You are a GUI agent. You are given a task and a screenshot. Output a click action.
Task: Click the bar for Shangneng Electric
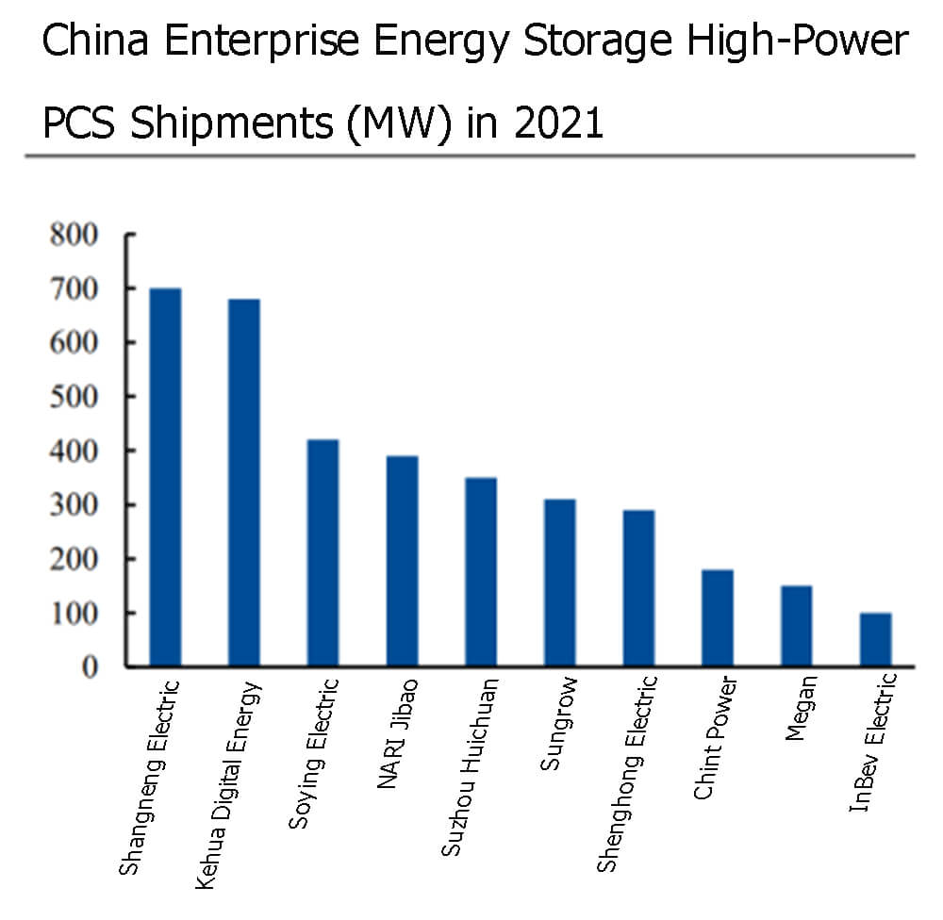(x=165, y=477)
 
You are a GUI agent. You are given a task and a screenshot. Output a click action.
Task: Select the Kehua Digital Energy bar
(x=244, y=483)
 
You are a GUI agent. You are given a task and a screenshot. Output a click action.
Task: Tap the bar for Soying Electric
(x=323, y=553)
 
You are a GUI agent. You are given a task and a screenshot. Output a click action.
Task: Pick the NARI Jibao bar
(x=402, y=561)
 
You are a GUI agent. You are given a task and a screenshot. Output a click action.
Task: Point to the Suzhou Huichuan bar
(x=481, y=572)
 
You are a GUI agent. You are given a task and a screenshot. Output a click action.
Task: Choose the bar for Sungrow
(x=560, y=583)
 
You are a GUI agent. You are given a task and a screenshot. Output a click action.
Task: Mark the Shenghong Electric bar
(x=638, y=588)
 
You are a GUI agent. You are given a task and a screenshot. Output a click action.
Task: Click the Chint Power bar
(x=718, y=618)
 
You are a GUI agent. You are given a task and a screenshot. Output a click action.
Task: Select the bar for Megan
(x=797, y=626)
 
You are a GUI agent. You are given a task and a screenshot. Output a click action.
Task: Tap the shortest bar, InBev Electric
(x=875, y=640)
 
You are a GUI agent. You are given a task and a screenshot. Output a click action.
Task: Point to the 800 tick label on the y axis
(x=74, y=234)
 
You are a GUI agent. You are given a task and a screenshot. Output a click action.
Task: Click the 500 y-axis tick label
(x=74, y=396)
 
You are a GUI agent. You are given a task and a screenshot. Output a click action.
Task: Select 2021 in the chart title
(x=558, y=123)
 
